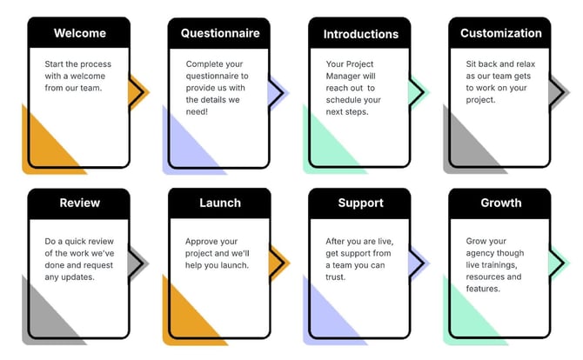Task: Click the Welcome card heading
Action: click(x=79, y=33)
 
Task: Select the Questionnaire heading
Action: click(x=220, y=33)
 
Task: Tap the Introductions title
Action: click(x=360, y=34)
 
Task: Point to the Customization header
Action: click(x=500, y=33)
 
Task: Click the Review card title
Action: click(x=79, y=203)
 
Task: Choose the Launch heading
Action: click(x=219, y=203)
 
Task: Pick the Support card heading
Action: click(x=360, y=203)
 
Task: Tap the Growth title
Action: click(x=500, y=203)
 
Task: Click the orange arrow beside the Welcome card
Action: click(x=138, y=91)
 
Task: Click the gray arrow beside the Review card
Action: click(x=138, y=262)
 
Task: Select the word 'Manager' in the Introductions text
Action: click(x=347, y=76)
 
